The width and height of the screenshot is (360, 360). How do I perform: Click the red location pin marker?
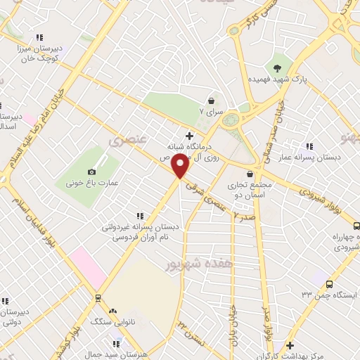pyautogui.click(x=181, y=167)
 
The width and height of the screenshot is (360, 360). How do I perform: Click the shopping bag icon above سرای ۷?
pyautogui.click(x=211, y=100)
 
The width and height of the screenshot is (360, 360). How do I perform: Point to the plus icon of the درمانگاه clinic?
pyautogui.click(x=188, y=135)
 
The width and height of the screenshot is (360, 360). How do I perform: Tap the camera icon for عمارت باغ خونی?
pyautogui.click(x=91, y=172)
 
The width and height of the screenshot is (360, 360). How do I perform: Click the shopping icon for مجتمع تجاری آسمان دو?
pyautogui.click(x=249, y=174)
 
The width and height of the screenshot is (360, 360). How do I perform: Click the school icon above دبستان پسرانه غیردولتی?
pyautogui.click(x=140, y=215)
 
